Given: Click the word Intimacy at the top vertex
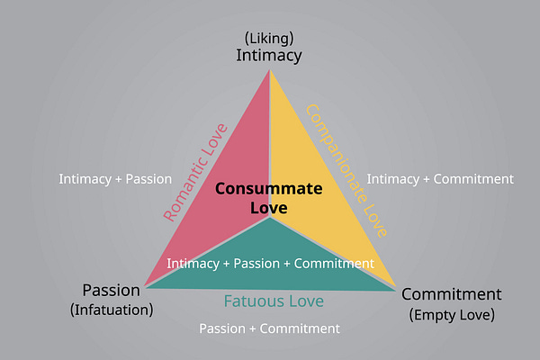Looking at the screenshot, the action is click(269, 55).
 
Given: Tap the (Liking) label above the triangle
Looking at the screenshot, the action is click(269, 38).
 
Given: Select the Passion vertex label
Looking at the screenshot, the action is click(112, 291).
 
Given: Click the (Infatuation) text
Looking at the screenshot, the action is click(112, 310).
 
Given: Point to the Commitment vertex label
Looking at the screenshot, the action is click(451, 294).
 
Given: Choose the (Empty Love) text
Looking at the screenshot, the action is click(451, 314).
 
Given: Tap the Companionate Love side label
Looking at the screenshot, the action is click(346, 170).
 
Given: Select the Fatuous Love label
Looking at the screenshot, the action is click(274, 301).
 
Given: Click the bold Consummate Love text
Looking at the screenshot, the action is click(268, 198).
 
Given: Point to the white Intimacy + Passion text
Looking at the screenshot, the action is click(115, 179).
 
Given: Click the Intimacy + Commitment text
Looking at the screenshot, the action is click(440, 179).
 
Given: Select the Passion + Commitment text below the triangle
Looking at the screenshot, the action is click(269, 328).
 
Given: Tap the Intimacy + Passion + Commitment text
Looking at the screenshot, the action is click(270, 264).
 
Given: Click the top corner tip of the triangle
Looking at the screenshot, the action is click(270, 70).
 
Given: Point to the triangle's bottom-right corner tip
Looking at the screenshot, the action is click(395, 289).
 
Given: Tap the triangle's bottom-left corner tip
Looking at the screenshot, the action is click(145, 286).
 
